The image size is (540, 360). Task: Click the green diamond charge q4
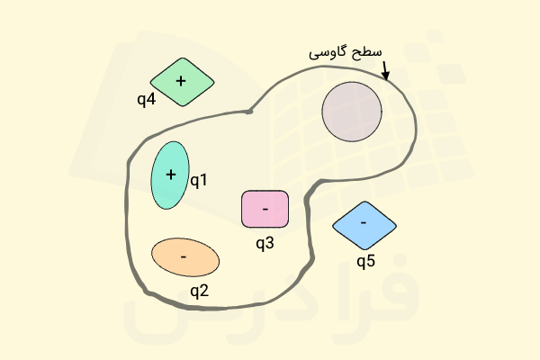click(x=182, y=82)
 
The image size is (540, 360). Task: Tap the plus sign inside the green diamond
click(x=181, y=81)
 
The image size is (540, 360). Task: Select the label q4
click(x=147, y=100)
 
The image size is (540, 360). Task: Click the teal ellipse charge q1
click(x=170, y=175)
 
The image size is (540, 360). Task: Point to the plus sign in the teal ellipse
click(x=171, y=175)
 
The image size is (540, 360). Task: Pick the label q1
click(x=199, y=181)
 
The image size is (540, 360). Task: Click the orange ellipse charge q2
click(x=185, y=257)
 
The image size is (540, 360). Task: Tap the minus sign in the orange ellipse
click(x=184, y=257)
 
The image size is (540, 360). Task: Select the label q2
click(x=200, y=291)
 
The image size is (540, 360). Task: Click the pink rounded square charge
click(x=265, y=209)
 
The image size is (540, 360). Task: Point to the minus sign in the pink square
click(x=265, y=209)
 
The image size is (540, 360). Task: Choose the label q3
click(x=265, y=243)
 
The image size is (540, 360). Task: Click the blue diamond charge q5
click(x=364, y=226)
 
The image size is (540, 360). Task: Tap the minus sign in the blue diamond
click(x=364, y=223)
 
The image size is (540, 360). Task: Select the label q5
click(x=365, y=262)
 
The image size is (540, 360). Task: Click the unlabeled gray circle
click(x=352, y=112)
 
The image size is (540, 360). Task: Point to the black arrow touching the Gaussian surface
click(x=385, y=70)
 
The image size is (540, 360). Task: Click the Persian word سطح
click(x=369, y=53)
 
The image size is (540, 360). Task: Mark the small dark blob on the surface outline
click(x=249, y=112)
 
